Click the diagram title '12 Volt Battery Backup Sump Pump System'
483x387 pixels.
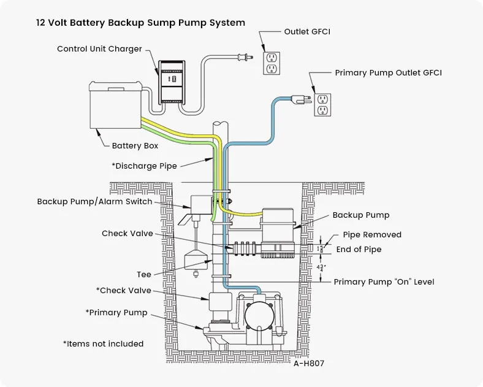pos(140,23)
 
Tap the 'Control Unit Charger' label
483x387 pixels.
pos(99,49)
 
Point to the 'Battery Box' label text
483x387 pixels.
pos(135,146)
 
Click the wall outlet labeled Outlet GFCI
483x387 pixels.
pos(272,63)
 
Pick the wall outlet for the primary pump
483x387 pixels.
pos(322,104)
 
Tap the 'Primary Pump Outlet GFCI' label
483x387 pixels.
pos(388,73)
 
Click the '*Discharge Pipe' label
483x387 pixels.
pos(144,166)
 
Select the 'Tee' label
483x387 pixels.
pos(144,274)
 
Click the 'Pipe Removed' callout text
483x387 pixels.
pos(372,235)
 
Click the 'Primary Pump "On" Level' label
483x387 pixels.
pos(384,282)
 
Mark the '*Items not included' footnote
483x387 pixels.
pos(103,343)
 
